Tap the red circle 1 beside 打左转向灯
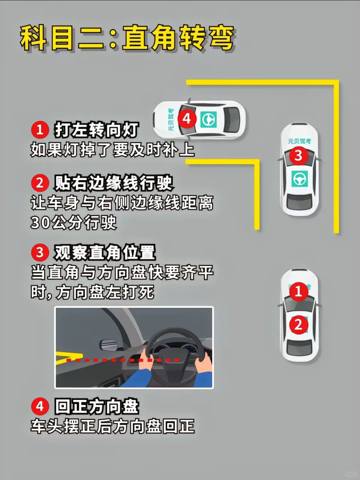(x=40, y=130)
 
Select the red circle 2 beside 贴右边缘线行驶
(x=40, y=183)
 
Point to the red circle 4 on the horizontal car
(x=187, y=119)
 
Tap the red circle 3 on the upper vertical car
(x=299, y=156)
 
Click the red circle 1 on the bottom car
(x=299, y=292)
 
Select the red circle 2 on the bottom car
(x=299, y=325)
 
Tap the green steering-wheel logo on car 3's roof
(x=300, y=179)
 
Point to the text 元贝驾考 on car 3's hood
(x=299, y=141)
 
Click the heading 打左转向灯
(x=96, y=130)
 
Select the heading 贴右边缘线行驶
(x=113, y=183)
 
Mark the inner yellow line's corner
(x=257, y=162)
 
